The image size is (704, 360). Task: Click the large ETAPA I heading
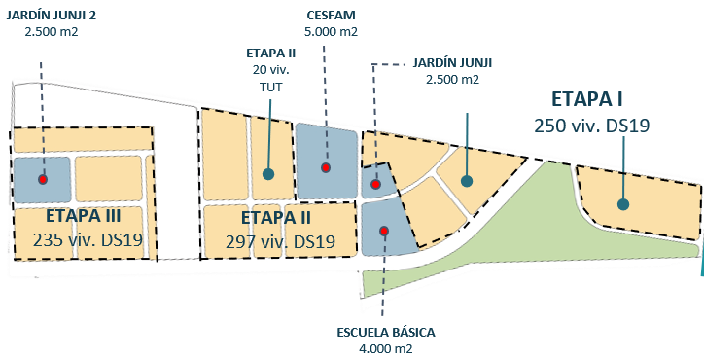(586, 99)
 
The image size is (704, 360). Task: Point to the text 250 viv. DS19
(591, 126)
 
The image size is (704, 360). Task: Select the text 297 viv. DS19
(280, 241)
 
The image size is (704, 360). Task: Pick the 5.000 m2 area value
(329, 32)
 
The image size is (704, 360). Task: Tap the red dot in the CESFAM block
(326, 168)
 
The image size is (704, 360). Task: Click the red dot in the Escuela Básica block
(384, 231)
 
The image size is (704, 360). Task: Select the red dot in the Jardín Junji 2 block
(43, 179)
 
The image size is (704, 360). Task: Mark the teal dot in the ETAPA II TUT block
(268, 174)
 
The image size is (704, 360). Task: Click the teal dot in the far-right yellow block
(622, 204)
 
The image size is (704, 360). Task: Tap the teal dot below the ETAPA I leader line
(467, 180)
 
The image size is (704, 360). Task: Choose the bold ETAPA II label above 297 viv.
(275, 217)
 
